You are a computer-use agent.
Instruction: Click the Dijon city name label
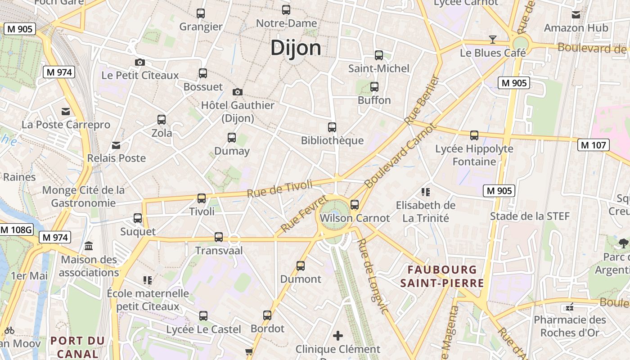[x=296, y=48]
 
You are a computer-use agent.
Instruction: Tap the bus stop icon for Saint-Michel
[x=379, y=55]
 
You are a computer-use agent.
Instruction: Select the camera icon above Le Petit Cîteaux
[x=140, y=62]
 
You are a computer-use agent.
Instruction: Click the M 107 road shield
[x=594, y=145]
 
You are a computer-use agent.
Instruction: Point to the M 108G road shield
[x=17, y=230]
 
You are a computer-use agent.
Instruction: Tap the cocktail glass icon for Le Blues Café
[x=493, y=40]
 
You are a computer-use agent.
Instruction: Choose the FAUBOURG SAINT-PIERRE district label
[x=442, y=276]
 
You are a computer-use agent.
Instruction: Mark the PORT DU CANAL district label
[x=77, y=347]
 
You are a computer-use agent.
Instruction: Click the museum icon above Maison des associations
[x=89, y=246]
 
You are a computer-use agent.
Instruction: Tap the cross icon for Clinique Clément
[x=338, y=336]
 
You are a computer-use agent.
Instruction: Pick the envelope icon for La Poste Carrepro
[x=66, y=111]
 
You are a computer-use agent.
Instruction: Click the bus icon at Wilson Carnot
[x=355, y=205]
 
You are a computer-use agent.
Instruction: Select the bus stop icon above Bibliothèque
[x=332, y=127]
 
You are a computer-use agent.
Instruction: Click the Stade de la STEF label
[x=530, y=216]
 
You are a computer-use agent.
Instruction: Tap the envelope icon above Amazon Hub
[x=576, y=15]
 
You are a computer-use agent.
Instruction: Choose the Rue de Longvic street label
[x=372, y=275]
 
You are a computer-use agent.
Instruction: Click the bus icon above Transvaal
[x=219, y=237]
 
